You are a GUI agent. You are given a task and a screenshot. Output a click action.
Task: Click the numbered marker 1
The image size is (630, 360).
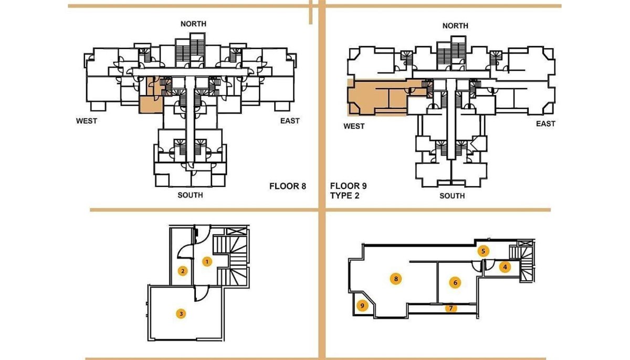pos(207,262)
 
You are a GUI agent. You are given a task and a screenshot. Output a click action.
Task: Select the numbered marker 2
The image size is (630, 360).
pos(183,271)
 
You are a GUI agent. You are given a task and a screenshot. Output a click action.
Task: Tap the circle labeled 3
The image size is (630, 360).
pos(181,314)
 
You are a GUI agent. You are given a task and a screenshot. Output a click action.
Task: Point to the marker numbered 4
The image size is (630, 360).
pos(505,267)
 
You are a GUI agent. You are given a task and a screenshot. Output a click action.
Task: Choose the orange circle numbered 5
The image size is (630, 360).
pos(483,251)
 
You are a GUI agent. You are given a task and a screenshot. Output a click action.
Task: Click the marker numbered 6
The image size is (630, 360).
pos(455,282)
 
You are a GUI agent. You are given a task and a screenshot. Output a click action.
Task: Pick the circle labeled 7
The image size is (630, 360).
pos(451,308)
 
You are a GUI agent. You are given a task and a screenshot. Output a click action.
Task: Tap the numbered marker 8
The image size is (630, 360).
pos(396,279)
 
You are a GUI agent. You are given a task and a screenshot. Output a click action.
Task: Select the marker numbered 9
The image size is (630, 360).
pos(362,305)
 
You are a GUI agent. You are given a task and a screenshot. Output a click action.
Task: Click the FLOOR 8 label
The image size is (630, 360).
pos(288,186)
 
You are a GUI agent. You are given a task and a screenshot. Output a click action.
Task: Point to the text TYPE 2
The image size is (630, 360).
pos(344,195)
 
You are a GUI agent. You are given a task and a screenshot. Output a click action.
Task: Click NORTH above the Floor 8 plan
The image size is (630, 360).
pos(193,24)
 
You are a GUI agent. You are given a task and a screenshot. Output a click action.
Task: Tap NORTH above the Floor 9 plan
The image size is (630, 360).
pos(455,26)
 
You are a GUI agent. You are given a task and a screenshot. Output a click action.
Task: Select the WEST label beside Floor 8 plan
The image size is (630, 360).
pos(86,121)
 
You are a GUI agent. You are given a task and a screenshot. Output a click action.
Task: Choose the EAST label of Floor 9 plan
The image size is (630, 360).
pos(545,124)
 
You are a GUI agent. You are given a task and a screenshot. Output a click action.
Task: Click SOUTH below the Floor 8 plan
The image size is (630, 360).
pos(190,195)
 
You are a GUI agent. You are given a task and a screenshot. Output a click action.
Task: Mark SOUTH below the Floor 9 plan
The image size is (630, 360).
pos(452,196)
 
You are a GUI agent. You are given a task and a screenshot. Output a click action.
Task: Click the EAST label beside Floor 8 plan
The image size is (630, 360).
pos(290,121)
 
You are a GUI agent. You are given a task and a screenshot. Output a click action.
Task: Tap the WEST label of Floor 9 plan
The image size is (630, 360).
pos(354,126)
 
